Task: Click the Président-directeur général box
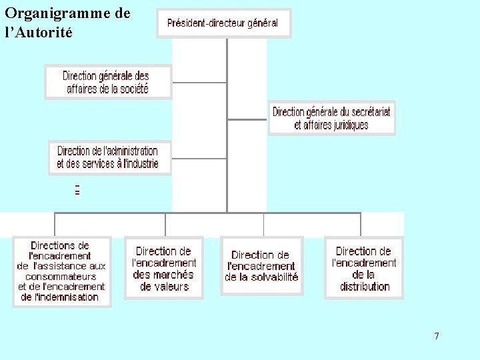pyautogui.click(x=223, y=23)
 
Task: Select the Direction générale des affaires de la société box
pyautogui.click(x=107, y=82)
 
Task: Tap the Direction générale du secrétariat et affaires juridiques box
pyautogui.click(x=331, y=118)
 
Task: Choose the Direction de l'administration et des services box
pyautogui.click(x=109, y=157)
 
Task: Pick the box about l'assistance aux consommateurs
pyautogui.click(x=61, y=271)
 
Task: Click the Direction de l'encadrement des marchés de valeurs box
pyautogui.click(x=164, y=269)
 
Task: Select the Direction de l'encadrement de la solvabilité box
pyautogui.click(x=261, y=265)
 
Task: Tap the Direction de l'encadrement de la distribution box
pyautogui.click(x=364, y=268)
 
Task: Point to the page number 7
pyautogui.click(x=437, y=336)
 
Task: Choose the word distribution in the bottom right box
pyautogui.click(x=364, y=287)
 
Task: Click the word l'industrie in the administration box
pyautogui.click(x=138, y=164)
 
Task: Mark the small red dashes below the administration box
pyautogui.click(x=77, y=190)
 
